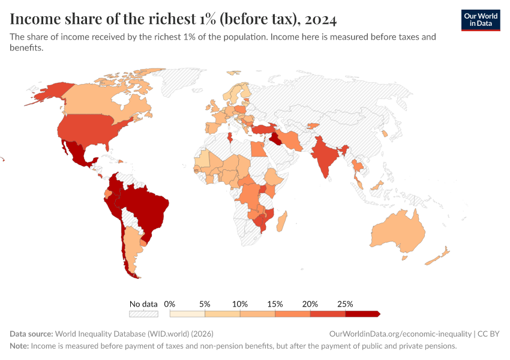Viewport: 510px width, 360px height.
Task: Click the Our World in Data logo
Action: click(480, 19)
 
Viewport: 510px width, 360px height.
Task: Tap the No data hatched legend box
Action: click(143, 314)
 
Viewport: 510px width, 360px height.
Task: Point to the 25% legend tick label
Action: click(346, 304)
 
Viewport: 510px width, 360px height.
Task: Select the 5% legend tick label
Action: click(205, 304)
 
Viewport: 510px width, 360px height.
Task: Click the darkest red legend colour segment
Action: click(362, 314)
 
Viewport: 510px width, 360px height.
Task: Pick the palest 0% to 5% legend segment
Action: click(187, 314)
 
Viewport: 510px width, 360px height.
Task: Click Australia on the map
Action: click(397, 233)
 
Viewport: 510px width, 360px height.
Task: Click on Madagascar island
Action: click(282, 218)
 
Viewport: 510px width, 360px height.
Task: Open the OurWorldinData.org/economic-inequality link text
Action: click(400, 334)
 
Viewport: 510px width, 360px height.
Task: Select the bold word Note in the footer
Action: click(19, 346)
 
